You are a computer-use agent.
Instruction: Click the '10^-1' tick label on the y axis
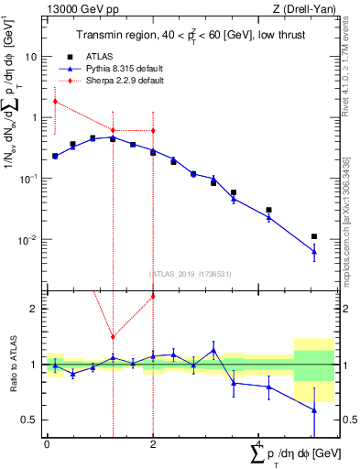tap(27, 179)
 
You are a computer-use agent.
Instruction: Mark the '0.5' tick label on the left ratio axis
tap(28, 420)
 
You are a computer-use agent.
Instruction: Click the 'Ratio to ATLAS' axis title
tap(12, 364)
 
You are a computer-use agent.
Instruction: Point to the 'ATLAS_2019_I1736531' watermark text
tap(191, 273)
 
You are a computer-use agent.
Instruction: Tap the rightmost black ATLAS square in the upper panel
tap(314, 237)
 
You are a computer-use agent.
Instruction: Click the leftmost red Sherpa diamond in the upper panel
tap(56, 102)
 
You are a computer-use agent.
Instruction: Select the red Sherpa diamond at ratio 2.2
tap(153, 296)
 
